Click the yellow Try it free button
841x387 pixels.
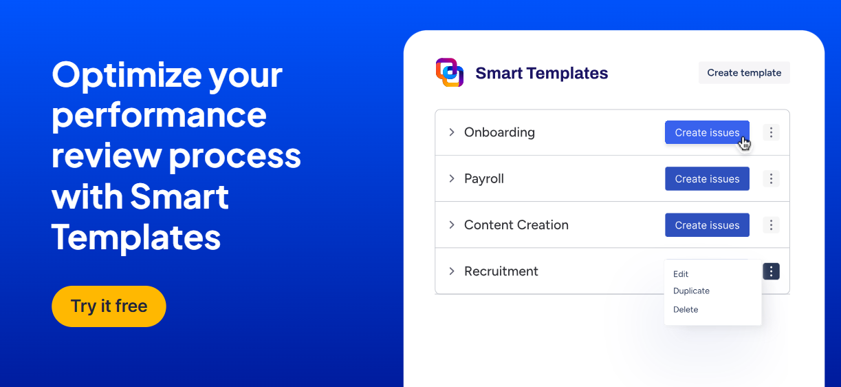click(109, 306)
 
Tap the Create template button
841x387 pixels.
click(744, 72)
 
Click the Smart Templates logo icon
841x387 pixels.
click(450, 72)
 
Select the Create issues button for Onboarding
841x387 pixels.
click(707, 132)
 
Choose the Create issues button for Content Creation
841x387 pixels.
click(707, 225)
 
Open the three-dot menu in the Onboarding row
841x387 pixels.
click(771, 132)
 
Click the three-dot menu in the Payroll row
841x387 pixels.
click(771, 178)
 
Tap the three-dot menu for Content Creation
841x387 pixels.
click(771, 225)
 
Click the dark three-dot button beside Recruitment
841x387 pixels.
click(771, 271)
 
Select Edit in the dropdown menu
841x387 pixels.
click(681, 274)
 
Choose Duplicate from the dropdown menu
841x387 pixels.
click(691, 291)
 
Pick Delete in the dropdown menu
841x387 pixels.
click(686, 309)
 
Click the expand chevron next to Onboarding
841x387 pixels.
click(452, 132)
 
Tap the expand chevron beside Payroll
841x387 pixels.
click(452, 178)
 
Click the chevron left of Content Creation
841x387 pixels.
click(452, 225)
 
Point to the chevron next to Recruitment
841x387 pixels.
click(452, 271)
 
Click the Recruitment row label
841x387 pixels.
click(501, 271)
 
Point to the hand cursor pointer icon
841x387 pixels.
click(745, 144)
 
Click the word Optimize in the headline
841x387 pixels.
click(127, 76)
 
